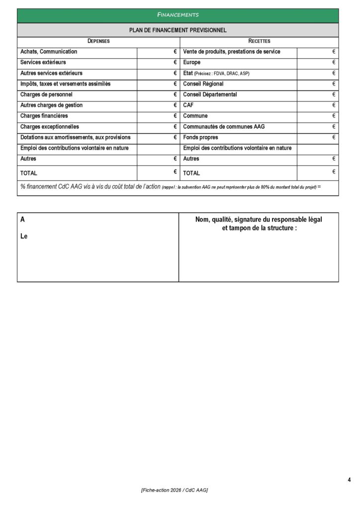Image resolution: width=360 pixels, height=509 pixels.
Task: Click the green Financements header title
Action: coord(178,15)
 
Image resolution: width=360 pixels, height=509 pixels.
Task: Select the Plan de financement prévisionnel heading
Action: coord(178,30)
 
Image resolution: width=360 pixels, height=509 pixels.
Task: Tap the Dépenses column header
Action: coord(98,41)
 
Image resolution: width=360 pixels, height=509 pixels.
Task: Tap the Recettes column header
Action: coord(259,41)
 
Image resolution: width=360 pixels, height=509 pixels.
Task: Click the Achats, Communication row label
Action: coord(49,52)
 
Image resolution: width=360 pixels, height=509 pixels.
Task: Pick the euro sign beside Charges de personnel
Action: coord(176,94)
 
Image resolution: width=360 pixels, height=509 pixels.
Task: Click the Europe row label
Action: coord(191,63)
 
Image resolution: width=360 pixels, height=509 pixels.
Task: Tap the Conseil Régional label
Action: coord(203,84)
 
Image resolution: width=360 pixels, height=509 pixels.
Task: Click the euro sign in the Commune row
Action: coord(334,116)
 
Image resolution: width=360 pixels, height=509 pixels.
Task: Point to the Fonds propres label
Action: coord(200,137)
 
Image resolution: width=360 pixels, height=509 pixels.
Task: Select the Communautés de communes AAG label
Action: coord(224,127)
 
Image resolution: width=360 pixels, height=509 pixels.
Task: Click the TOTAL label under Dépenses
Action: coord(29,173)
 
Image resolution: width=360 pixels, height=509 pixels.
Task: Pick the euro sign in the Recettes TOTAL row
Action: coord(334,171)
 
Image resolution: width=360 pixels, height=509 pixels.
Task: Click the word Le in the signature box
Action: coord(24,237)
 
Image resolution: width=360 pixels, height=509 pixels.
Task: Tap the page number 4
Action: coord(349,480)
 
